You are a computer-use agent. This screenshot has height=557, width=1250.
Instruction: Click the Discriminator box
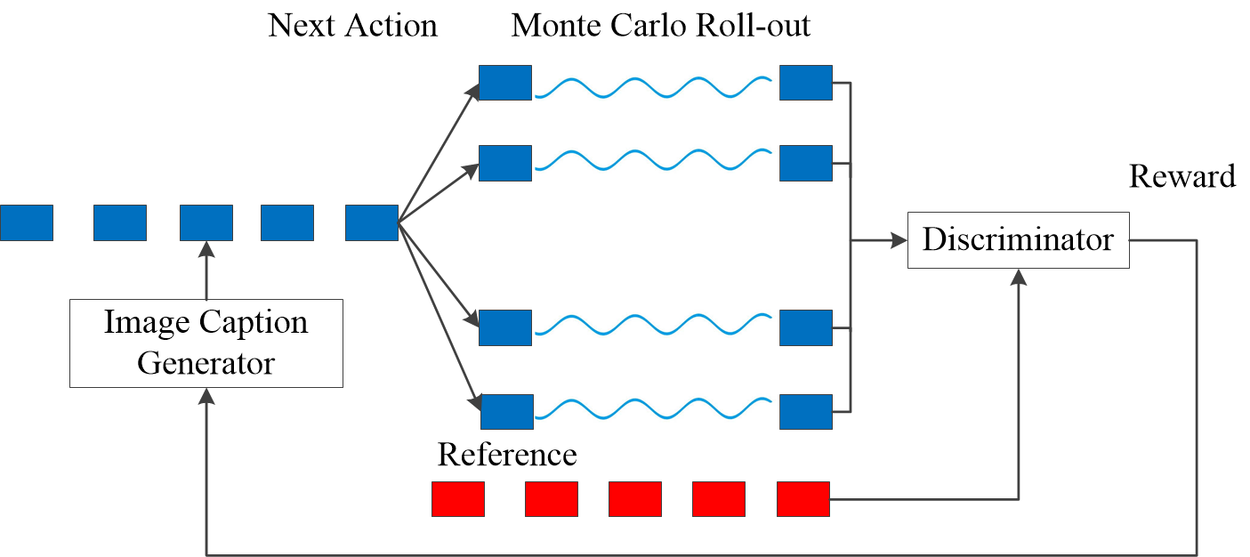pyautogui.click(x=1019, y=240)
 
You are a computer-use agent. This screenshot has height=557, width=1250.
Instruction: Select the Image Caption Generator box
pyautogui.click(x=206, y=343)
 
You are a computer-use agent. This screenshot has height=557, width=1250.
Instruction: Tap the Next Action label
pyautogui.click(x=352, y=26)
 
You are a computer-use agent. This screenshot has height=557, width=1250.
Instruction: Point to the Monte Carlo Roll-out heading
pyautogui.click(x=661, y=26)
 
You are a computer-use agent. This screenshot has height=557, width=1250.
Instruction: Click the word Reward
pyautogui.click(x=1182, y=176)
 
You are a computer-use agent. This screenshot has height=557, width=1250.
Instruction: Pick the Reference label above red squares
pyautogui.click(x=507, y=455)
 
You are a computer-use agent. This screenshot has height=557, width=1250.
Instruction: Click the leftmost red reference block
pyautogui.click(x=458, y=499)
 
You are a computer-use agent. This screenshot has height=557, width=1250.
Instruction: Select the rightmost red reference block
pyautogui.click(x=803, y=499)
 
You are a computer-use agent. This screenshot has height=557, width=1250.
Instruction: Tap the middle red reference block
pyautogui.click(x=635, y=499)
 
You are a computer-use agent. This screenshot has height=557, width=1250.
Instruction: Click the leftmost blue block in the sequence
pyautogui.click(x=27, y=222)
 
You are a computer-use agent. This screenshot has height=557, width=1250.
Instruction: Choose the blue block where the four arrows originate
pyautogui.click(x=372, y=222)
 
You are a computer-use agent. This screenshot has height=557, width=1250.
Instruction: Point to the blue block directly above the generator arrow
pyautogui.click(x=206, y=222)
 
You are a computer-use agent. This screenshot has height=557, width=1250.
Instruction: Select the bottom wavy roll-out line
pyautogui.click(x=653, y=409)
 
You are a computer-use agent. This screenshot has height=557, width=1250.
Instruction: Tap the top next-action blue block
pyautogui.click(x=505, y=83)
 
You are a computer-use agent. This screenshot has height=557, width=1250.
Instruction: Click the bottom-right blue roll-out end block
pyautogui.click(x=806, y=412)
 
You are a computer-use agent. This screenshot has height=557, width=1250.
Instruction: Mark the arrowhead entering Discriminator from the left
pyautogui.click(x=899, y=240)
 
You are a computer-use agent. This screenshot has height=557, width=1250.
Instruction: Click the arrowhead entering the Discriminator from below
pyautogui.click(x=1019, y=278)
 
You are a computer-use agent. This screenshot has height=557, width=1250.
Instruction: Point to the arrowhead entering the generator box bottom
pyautogui.click(x=206, y=396)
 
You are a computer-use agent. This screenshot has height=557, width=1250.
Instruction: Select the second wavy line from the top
pyautogui.click(x=653, y=159)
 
